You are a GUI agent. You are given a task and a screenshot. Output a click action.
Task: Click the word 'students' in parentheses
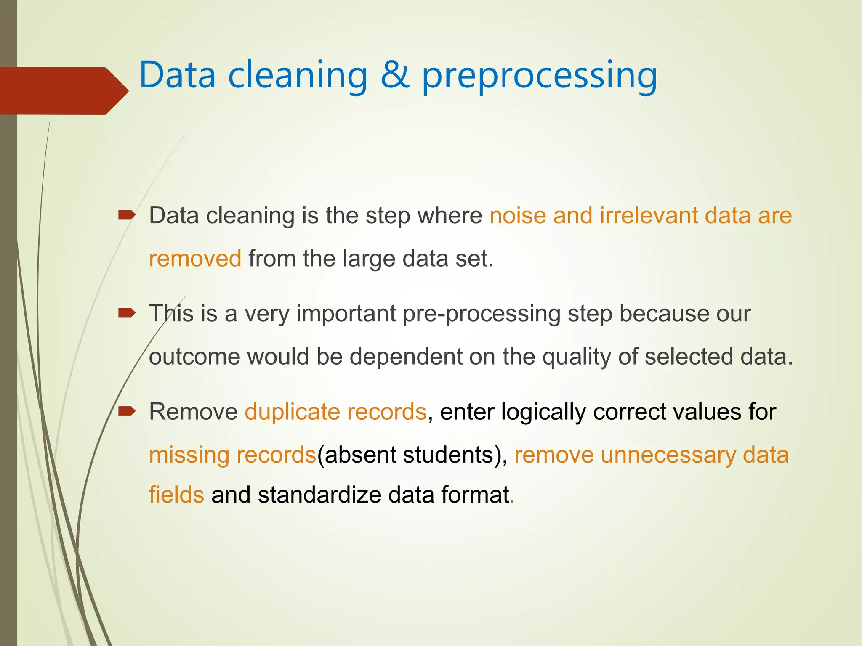(448, 455)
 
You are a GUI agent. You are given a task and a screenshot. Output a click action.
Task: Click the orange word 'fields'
(176, 495)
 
